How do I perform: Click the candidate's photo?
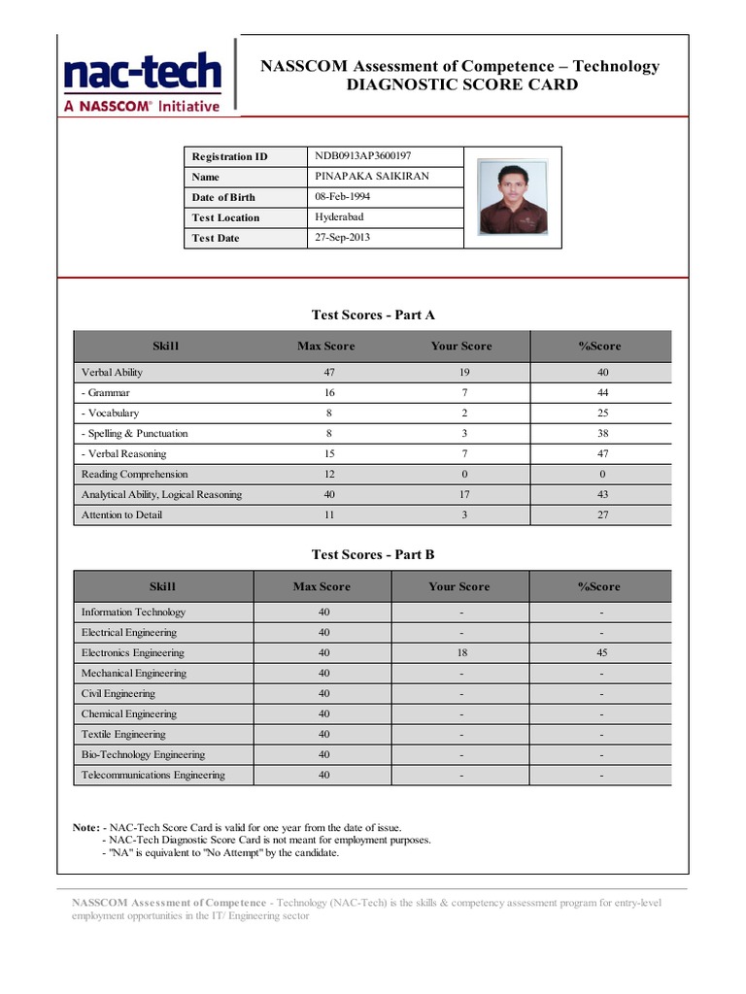[x=512, y=198]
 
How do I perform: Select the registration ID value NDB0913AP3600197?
[x=362, y=155]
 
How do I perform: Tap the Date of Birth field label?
[x=223, y=197]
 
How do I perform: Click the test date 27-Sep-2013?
[x=342, y=237]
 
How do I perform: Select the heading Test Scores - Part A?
[x=373, y=315]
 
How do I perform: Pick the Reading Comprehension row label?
[x=134, y=474]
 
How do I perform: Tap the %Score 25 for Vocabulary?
[x=602, y=413]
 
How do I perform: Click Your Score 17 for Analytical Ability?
[x=464, y=494]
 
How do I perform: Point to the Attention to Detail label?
[x=121, y=514]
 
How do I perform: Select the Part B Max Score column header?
[x=322, y=586]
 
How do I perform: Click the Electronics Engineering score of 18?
[x=461, y=652]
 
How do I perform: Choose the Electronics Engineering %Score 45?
[x=602, y=652]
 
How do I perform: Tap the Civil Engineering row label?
[x=118, y=693]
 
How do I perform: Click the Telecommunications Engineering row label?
[x=153, y=775]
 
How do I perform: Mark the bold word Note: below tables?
[x=85, y=827]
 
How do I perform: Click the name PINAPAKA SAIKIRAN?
[x=372, y=176]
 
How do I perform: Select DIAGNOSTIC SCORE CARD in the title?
[x=461, y=84]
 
